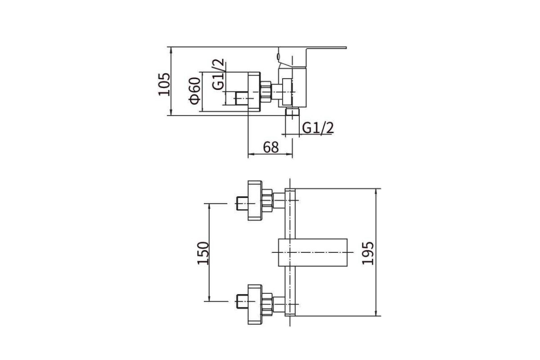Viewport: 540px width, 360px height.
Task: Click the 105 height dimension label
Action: [164, 84]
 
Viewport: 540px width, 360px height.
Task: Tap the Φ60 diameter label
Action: [195, 90]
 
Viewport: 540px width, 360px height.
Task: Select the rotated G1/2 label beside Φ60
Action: [218, 74]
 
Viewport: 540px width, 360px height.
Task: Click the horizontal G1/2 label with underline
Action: [318, 128]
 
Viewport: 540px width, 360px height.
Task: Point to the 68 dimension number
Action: [271, 147]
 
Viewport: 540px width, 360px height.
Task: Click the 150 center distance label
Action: [203, 253]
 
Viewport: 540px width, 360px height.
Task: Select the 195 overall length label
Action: [368, 253]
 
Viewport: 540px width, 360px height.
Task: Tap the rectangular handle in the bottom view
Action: [313, 252]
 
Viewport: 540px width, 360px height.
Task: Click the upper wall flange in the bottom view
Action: [255, 200]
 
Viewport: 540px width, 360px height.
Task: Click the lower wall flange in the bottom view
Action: [255, 304]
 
